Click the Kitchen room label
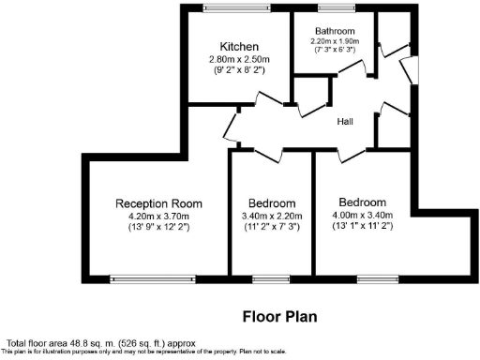pyautogui.click(x=239, y=47)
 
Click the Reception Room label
pyautogui.click(x=159, y=203)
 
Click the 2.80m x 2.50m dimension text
pyautogui.click(x=239, y=60)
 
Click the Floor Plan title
pyautogui.click(x=279, y=317)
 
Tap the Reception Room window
pyautogui.click(x=153, y=277)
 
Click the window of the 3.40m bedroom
pyautogui.click(x=271, y=277)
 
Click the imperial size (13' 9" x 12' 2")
pyautogui.click(x=159, y=228)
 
